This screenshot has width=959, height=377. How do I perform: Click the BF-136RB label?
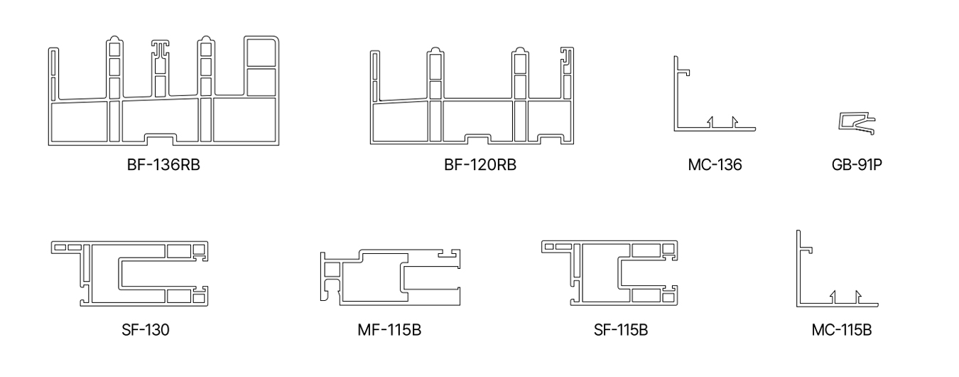click(x=163, y=165)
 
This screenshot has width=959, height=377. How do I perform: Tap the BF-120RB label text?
click(x=480, y=165)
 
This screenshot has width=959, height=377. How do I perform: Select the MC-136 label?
click(x=715, y=165)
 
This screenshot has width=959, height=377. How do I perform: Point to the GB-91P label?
click(x=857, y=165)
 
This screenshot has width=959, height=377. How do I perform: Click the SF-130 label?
click(x=146, y=330)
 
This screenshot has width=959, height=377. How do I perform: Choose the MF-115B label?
click(x=389, y=330)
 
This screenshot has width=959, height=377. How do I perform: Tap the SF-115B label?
click(x=620, y=330)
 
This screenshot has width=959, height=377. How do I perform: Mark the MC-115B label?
click(x=841, y=330)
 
